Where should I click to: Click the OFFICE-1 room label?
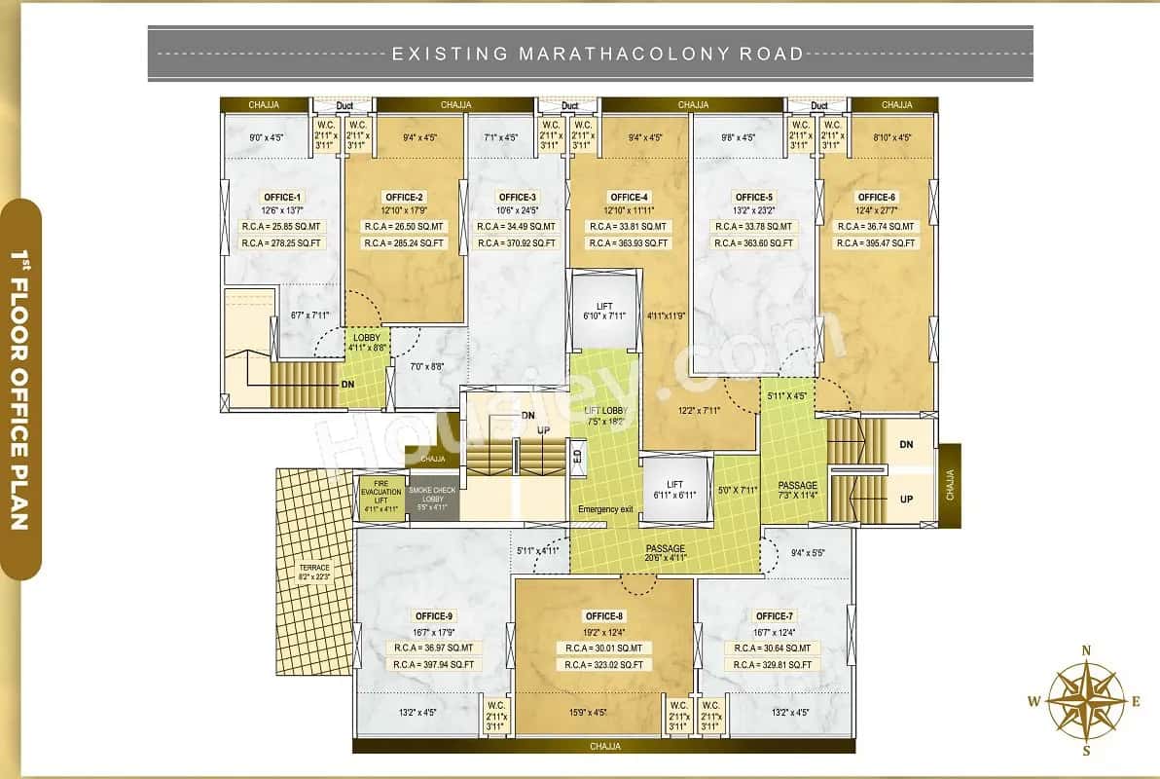click(x=282, y=197)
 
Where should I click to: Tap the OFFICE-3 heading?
click(x=518, y=197)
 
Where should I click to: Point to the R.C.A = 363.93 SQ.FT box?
click(x=629, y=243)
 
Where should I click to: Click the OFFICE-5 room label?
click(x=754, y=197)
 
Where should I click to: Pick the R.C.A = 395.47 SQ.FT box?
click(x=877, y=243)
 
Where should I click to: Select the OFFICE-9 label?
click(x=433, y=615)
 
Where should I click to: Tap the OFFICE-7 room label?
click(x=773, y=615)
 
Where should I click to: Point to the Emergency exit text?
click(x=605, y=510)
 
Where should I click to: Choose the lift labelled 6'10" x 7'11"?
click(x=604, y=311)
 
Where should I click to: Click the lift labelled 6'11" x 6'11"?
click(x=674, y=490)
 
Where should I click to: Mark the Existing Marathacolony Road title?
click(x=598, y=54)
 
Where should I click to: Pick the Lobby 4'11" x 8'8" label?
click(x=367, y=341)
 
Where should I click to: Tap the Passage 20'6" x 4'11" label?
click(x=666, y=553)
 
